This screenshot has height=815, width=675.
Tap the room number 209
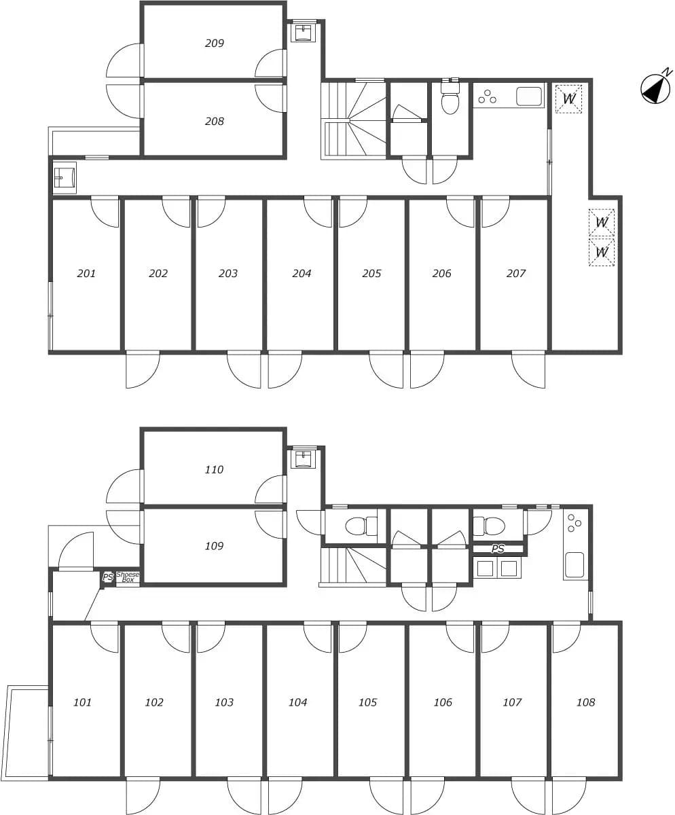click(215, 43)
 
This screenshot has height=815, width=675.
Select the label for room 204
click(302, 273)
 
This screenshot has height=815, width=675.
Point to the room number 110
click(214, 469)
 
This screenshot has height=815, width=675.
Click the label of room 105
click(368, 702)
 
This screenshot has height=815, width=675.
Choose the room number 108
click(585, 702)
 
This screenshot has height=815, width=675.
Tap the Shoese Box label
click(128, 577)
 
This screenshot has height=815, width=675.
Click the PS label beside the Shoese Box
click(108, 577)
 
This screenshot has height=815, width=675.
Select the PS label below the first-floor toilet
click(497, 549)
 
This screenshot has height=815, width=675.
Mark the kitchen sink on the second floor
click(529, 96)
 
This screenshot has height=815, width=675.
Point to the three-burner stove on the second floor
click(487, 96)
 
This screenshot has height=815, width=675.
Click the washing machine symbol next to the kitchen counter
click(568, 98)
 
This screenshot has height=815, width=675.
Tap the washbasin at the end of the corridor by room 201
click(65, 178)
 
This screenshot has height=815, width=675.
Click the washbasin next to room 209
click(304, 32)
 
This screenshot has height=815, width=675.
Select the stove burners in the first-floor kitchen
click(574, 523)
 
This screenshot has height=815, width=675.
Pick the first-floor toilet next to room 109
click(361, 526)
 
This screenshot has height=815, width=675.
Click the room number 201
click(86, 273)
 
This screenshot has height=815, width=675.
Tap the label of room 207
click(515, 273)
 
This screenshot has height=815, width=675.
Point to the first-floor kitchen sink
click(574, 565)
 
